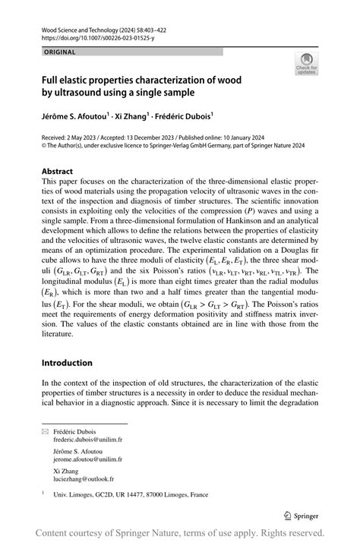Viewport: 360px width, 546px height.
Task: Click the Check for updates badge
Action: (x=306, y=63)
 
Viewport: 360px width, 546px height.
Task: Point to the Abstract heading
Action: (x=58, y=172)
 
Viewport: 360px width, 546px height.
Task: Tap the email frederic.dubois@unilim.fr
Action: (x=87, y=440)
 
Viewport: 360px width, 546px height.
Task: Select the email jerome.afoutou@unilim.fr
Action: (x=87, y=459)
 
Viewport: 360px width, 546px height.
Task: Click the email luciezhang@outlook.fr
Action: (x=84, y=479)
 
